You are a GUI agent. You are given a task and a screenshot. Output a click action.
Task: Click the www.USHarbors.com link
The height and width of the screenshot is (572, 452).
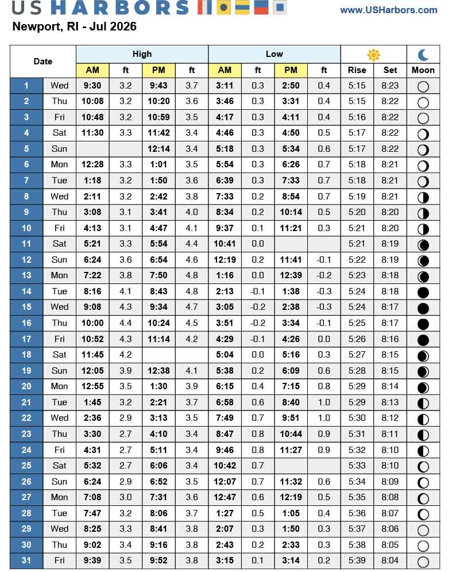point(396,10)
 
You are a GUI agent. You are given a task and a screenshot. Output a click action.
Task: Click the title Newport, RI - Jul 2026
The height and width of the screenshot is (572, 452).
point(74,27)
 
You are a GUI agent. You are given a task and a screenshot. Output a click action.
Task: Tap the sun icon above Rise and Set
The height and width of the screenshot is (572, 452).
point(374,55)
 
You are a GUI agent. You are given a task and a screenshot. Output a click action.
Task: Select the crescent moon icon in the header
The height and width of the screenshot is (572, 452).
point(423,55)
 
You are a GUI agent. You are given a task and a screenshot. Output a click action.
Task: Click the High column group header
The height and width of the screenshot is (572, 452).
point(142,54)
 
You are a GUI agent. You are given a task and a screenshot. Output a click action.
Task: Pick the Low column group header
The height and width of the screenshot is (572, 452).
point(274,54)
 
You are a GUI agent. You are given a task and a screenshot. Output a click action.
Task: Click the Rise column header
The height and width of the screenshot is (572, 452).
point(357,70)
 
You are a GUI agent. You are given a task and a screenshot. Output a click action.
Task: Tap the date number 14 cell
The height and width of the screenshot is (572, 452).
point(26,291)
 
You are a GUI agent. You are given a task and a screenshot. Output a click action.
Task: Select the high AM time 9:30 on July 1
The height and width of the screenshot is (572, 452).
point(92,86)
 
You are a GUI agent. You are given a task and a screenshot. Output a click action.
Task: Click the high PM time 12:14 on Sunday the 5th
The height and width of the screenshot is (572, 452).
point(159,149)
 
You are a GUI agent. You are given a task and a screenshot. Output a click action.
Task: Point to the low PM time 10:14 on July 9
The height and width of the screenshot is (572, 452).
point(291,212)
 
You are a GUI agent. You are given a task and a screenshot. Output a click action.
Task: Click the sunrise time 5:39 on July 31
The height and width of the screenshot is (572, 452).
point(357,561)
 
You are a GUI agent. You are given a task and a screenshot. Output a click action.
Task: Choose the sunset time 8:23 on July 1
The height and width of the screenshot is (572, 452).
point(390,86)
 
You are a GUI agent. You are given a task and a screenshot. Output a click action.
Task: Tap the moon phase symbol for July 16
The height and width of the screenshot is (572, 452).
point(423,323)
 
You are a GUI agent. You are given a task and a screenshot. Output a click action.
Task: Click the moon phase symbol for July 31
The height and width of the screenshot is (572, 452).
point(423,561)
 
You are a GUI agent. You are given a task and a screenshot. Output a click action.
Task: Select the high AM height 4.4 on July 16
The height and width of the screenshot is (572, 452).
point(125,323)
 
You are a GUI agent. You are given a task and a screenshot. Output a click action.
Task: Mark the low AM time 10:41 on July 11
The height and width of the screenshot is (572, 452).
point(225,244)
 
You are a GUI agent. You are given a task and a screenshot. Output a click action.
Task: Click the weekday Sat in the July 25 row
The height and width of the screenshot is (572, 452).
point(59,466)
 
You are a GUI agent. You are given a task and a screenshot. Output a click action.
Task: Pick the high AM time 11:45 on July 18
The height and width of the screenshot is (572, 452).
point(92,355)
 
